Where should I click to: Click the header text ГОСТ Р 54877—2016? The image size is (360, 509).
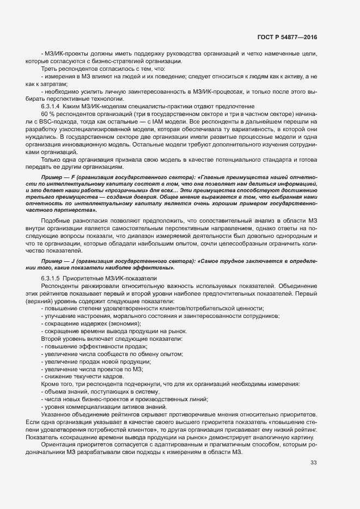pos(286,38)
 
